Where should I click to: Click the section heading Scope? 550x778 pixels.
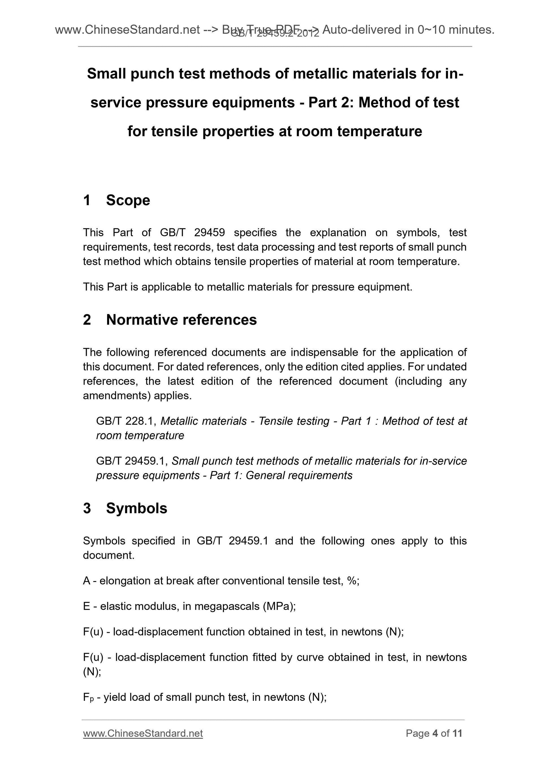(x=128, y=200)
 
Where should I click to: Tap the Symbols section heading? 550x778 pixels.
(x=137, y=508)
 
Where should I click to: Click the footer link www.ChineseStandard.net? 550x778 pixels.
(x=143, y=733)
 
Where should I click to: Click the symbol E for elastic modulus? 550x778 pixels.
(x=86, y=606)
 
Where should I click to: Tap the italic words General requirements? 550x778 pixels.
(x=299, y=475)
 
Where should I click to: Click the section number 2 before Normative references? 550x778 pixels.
(x=87, y=320)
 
